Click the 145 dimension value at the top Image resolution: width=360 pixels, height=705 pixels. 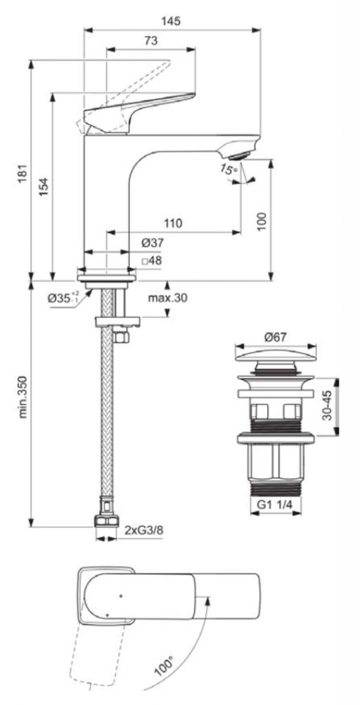(x=172, y=21)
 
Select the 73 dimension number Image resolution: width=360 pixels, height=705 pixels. (x=151, y=41)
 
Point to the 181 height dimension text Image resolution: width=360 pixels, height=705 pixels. (x=23, y=173)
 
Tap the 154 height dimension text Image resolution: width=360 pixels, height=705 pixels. (x=43, y=185)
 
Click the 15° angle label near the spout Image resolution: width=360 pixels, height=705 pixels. (x=229, y=171)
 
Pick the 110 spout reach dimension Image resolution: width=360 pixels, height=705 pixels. (x=173, y=223)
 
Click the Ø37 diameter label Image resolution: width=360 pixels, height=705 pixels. (x=152, y=243)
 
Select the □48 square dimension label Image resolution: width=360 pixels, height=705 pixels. (x=152, y=260)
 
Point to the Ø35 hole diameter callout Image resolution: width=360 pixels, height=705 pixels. (x=63, y=297)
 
